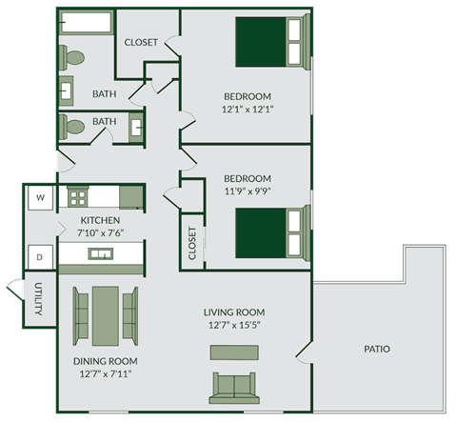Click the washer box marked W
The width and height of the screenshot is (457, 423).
40,198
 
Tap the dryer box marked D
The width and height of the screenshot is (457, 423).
40,256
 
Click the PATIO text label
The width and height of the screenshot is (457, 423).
376,349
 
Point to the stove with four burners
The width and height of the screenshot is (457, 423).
75,198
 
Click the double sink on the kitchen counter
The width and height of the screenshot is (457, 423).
100,253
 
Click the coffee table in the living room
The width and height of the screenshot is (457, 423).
233,352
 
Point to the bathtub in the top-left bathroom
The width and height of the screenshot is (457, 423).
84,22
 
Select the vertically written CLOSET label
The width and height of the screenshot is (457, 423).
192,242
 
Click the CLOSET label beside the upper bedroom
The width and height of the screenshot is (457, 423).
141,42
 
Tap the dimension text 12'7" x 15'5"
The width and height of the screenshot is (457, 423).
233,325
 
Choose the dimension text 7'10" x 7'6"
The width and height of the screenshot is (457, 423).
100,232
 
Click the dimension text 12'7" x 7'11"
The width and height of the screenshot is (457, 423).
105,374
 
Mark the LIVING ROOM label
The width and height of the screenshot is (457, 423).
233,312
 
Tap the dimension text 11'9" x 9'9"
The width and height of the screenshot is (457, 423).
248,191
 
